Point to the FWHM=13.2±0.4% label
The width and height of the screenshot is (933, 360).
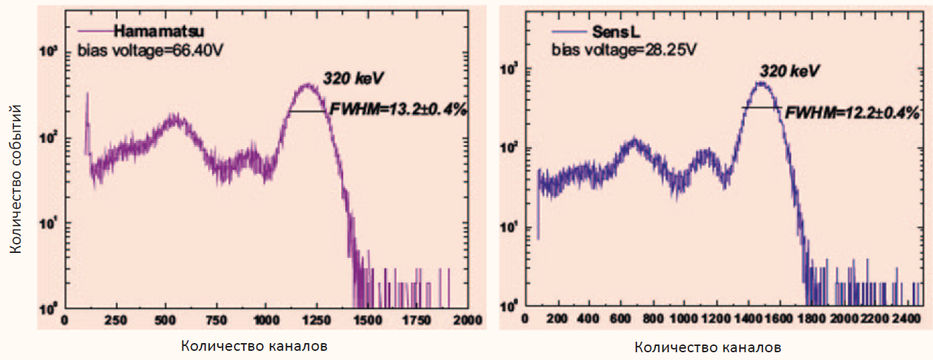click(398, 109)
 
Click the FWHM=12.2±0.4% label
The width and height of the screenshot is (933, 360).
click(853, 112)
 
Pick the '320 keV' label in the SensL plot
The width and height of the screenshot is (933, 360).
click(790, 72)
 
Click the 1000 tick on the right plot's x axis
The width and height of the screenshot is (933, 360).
click(683, 319)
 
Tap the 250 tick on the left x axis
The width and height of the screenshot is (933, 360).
click(116, 319)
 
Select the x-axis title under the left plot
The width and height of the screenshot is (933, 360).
click(254, 346)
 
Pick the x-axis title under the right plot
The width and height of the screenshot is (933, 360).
click(708, 347)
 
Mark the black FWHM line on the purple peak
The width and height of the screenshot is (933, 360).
click(308, 111)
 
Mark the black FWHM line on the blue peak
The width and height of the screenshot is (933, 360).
click(761, 107)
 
